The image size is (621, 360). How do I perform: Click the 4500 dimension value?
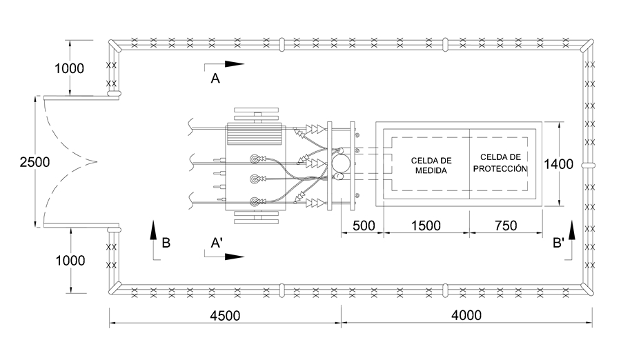pos(225,316)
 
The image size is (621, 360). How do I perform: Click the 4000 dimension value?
pos(466,315)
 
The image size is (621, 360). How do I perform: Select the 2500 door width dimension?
pos(35,162)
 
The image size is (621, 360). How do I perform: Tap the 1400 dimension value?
pos(558,164)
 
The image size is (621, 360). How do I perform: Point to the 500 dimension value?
pos(364,226)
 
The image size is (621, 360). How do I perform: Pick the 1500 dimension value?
pos(426,226)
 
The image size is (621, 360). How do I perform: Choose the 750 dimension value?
pos(506,226)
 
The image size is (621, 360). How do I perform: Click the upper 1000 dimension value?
pos(69,68)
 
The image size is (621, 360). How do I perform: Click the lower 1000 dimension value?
pos(70,261)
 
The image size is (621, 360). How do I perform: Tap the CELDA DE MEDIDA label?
pos(431,166)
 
